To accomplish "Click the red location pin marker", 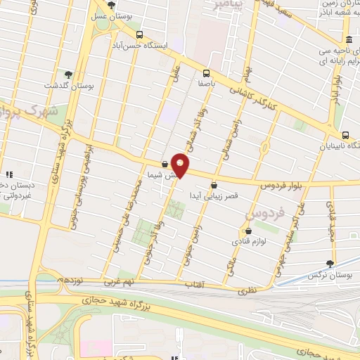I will [181, 165].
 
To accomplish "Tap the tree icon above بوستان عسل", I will [111, 5].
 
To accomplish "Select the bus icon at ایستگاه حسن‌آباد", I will [140, 34].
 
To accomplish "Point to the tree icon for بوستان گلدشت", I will [68, 73].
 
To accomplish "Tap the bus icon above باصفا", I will [206, 72].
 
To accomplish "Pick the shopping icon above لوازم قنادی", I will [247, 230].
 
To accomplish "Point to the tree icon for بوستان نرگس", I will [329, 263].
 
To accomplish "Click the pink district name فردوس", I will [269, 210].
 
